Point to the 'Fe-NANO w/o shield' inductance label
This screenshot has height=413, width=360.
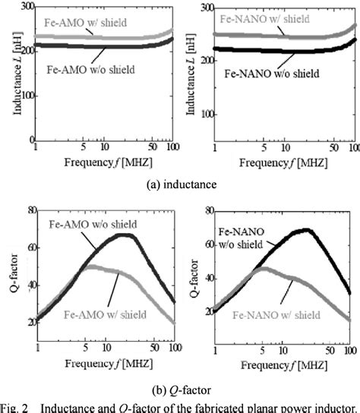270,75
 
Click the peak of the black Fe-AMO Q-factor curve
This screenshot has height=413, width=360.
127,235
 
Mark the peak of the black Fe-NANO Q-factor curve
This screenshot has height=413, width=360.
305,229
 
